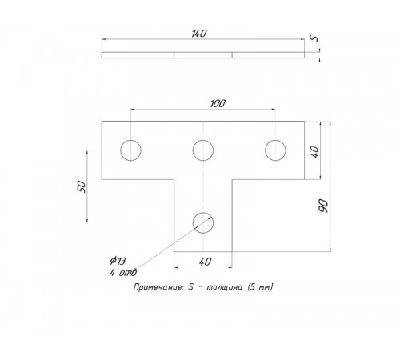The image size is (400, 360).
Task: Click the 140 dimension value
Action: click(x=199, y=34)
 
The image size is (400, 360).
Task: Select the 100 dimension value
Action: click(x=218, y=103)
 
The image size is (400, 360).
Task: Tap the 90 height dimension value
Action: click(x=323, y=206)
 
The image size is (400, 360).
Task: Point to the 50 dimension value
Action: click(x=82, y=186)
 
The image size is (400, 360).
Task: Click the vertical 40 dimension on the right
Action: click(x=314, y=151)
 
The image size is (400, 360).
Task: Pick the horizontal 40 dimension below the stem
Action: click(x=205, y=262)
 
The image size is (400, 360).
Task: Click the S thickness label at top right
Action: click(x=314, y=38)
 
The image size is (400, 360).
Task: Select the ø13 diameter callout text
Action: click(x=118, y=261)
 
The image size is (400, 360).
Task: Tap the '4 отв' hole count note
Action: click(x=123, y=272)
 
